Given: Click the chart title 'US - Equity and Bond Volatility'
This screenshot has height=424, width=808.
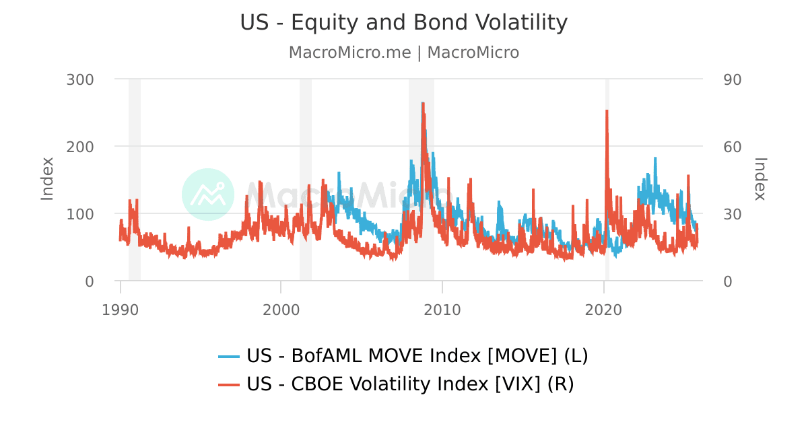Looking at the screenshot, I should [x=404, y=23].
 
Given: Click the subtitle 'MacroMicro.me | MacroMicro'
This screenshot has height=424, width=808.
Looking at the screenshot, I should [x=404, y=52].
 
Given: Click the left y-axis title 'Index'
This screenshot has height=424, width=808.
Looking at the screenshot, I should [x=47, y=178].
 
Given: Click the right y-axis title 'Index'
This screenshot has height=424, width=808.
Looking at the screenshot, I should [x=760, y=178].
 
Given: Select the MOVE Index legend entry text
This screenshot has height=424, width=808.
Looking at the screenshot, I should [x=417, y=355].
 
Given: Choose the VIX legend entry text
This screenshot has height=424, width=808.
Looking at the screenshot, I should [x=410, y=384].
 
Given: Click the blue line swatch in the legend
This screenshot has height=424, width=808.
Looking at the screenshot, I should [x=230, y=356].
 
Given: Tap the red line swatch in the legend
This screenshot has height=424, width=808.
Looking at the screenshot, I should [x=230, y=385].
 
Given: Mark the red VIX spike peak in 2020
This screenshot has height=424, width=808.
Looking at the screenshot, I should [x=607, y=110].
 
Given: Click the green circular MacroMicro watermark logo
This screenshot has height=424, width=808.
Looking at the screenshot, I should [x=208, y=195].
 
